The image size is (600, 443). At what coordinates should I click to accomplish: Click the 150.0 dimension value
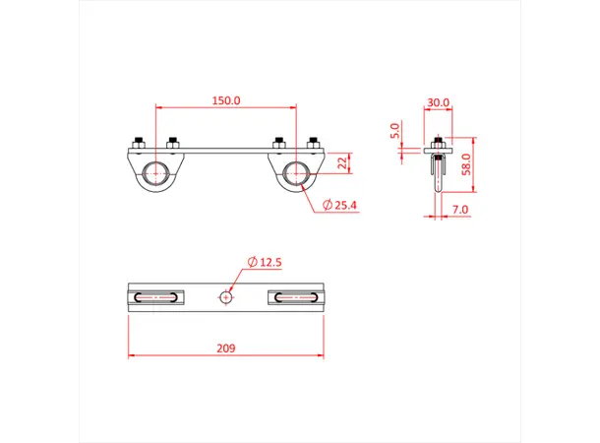226,100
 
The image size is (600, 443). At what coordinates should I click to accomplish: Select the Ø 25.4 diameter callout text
338,206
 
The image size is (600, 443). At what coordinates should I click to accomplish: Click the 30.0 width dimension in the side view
438,101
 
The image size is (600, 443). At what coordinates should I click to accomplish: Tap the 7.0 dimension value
461,210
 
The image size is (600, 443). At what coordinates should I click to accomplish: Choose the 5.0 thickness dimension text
394,130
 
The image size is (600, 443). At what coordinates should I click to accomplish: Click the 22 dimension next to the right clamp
341,162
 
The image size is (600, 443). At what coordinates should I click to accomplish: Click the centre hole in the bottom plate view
227,295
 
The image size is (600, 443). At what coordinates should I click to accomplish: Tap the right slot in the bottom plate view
296,295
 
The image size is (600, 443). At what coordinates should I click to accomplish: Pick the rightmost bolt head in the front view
314,142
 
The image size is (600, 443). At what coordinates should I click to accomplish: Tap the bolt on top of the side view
437,142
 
